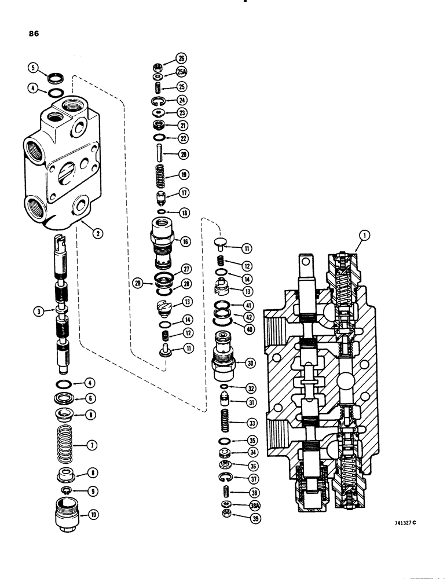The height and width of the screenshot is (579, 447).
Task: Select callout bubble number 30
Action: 251,363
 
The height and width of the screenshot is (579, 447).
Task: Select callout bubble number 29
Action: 137,283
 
